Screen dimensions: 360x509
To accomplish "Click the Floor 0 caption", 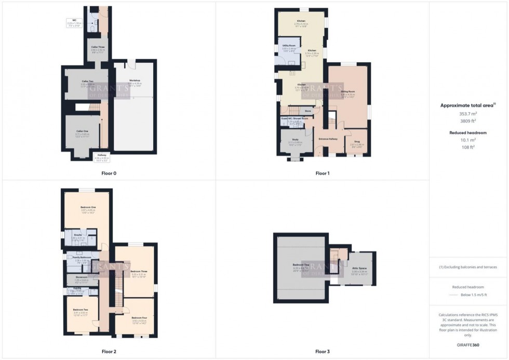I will point(109,173).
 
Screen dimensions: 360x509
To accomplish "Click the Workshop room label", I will point(135,81).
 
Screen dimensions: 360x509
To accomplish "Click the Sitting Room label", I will point(347,91).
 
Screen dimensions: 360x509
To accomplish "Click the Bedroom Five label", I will point(300,264).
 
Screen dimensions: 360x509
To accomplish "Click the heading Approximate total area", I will point(465,105).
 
